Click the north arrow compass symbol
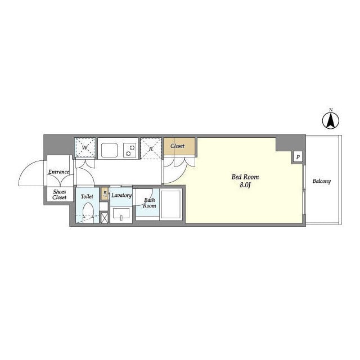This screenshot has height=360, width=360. click(331, 120)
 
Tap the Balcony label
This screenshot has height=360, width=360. click(322, 181)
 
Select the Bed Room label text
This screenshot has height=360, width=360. click(245, 177)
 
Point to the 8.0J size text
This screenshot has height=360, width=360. click(245, 185)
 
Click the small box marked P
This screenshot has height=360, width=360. click(298, 157)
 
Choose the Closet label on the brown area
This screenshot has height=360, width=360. click(178, 146)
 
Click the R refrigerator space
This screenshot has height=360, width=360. click(151, 148)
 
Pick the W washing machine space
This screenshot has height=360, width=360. click(85, 147)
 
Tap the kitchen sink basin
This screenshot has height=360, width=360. click(110, 150)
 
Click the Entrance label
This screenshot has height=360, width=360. click(58, 172)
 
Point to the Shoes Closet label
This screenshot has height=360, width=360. click(59, 195)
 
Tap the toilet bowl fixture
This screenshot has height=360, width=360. click(88, 213)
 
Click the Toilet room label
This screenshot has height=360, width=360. click(87, 196)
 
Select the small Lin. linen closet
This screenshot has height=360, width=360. click(105, 193)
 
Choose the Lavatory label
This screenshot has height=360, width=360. click(121, 195)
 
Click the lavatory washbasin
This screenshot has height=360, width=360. click(121, 214)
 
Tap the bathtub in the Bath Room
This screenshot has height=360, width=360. click(171, 204)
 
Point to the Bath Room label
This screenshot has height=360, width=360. click(150, 203)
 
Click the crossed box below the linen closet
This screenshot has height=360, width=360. click(105, 218)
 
